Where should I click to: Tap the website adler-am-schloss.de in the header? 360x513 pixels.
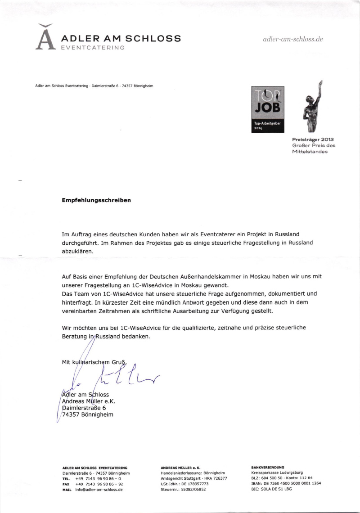click(x=293, y=39)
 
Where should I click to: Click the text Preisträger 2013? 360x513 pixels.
click(x=314, y=139)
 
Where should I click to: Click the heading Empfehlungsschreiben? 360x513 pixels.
click(x=96, y=201)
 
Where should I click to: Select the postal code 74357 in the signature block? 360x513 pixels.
click(x=72, y=415)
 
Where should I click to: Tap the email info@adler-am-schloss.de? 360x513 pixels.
click(x=99, y=489)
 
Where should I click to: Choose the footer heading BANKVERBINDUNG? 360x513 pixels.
click(x=268, y=468)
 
